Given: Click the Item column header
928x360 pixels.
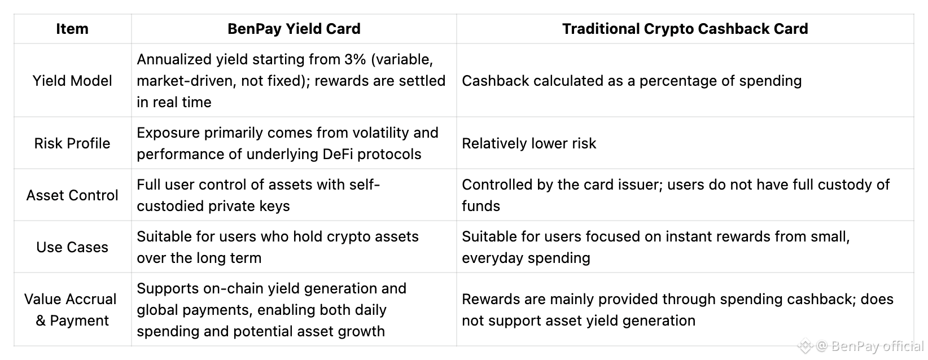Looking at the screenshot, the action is (72, 29).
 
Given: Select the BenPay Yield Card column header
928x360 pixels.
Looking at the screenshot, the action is (294, 29).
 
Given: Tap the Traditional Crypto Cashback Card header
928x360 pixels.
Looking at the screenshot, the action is (685, 29).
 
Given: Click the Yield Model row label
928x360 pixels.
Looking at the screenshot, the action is (72, 81).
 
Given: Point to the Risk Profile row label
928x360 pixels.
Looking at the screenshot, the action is (72, 143).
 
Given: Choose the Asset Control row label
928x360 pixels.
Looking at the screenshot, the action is (72, 195).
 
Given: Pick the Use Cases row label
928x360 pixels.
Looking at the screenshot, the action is (72, 247).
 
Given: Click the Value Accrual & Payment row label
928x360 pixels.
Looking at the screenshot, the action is (71, 310).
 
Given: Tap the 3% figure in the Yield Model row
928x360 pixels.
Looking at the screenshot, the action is (355, 59).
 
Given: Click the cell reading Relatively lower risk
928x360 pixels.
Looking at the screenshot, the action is (528, 143).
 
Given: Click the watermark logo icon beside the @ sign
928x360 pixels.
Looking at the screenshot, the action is (805, 346).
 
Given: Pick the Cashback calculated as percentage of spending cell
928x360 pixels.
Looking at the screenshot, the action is (632, 81).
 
